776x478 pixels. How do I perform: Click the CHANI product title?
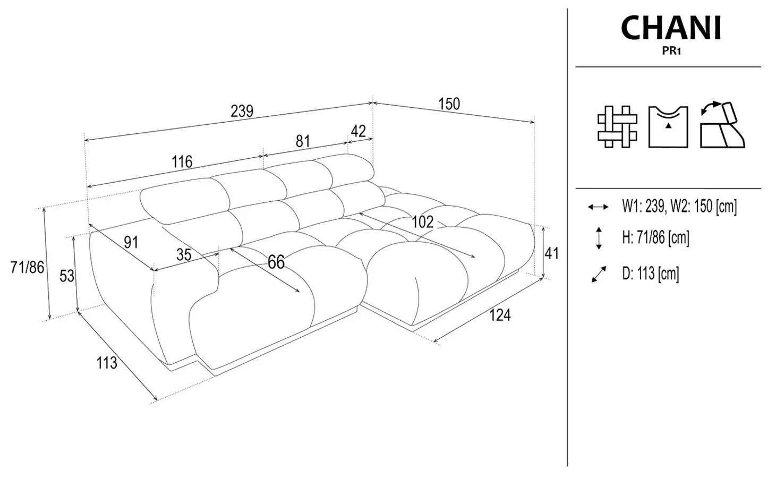(x=671, y=28)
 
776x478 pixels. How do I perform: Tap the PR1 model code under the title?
(x=671, y=51)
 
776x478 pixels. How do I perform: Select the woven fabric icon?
(x=617, y=127)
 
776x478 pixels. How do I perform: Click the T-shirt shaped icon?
(x=668, y=127)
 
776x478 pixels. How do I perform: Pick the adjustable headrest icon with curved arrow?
(x=722, y=125)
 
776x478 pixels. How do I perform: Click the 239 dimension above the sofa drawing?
(x=242, y=111)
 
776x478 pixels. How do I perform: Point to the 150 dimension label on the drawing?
(x=449, y=104)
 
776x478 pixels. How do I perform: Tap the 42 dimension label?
(x=358, y=131)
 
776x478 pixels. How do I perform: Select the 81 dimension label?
(x=303, y=141)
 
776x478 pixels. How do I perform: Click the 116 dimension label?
(x=182, y=162)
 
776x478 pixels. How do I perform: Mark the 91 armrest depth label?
(x=131, y=242)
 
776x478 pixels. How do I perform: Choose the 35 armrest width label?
(x=184, y=255)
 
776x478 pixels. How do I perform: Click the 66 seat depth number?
(x=276, y=262)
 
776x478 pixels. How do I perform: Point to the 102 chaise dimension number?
(x=423, y=222)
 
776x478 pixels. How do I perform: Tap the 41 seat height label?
(x=552, y=253)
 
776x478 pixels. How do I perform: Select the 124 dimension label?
(x=500, y=315)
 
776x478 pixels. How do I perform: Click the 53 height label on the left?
(x=67, y=276)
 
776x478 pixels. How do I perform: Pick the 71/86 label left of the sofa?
(x=28, y=267)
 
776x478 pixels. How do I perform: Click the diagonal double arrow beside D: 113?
(x=599, y=275)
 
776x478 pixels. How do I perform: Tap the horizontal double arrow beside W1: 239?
(x=598, y=207)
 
